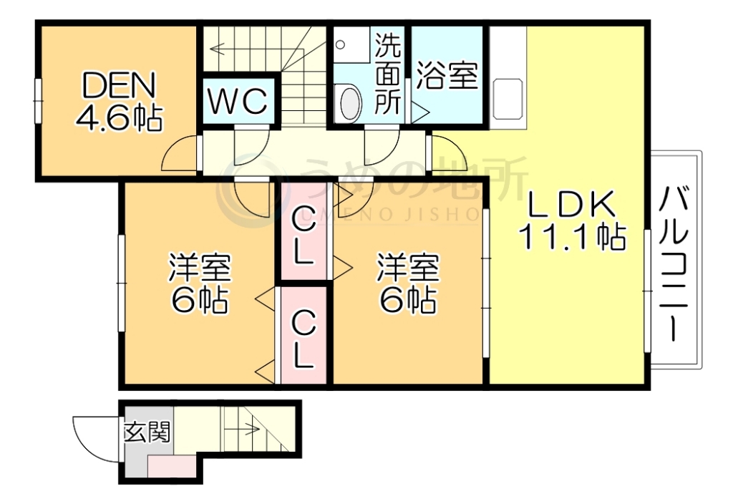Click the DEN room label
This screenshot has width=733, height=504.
tap(117, 87)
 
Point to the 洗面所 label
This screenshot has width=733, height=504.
tap(388, 74)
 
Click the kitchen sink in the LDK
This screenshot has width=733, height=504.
tap(508, 100)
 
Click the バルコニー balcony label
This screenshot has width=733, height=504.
tap(674, 261)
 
